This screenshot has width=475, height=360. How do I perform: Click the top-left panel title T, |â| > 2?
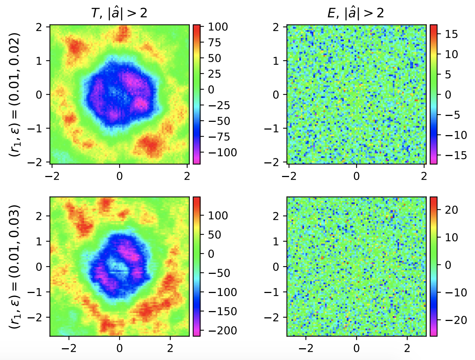pyautogui.click(x=119, y=13)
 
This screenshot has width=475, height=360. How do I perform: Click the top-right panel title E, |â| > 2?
pyautogui.click(x=356, y=13)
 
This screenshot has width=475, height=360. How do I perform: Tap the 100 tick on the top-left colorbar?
pyautogui.click(x=218, y=27)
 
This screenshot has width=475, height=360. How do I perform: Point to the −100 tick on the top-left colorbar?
pyautogui.click(x=222, y=153)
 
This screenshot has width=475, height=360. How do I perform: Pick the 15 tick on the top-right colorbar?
pyautogui.click(x=451, y=34)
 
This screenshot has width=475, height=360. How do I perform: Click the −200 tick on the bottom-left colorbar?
pyautogui.click(x=222, y=330)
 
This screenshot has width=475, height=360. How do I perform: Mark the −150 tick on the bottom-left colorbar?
pyautogui.click(x=222, y=311)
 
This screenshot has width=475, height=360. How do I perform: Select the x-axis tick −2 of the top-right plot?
pyautogui.click(x=289, y=176)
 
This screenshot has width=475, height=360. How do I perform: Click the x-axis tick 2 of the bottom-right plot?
pyautogui.click(x=407, y=348)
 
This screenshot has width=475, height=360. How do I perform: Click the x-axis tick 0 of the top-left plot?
pyautogui.click(x=119, y=176)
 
